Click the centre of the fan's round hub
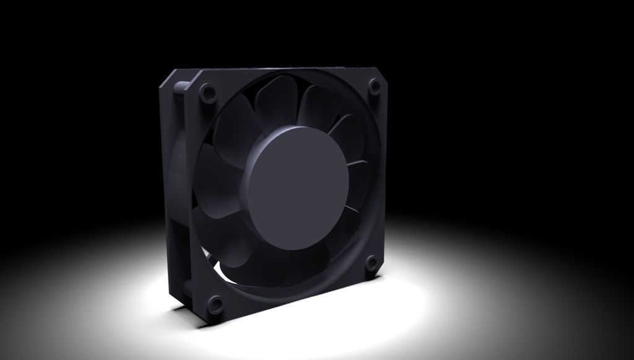click(295, 187)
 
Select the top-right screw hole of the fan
click(375, 87)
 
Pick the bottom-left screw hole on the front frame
click(216, 304)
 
